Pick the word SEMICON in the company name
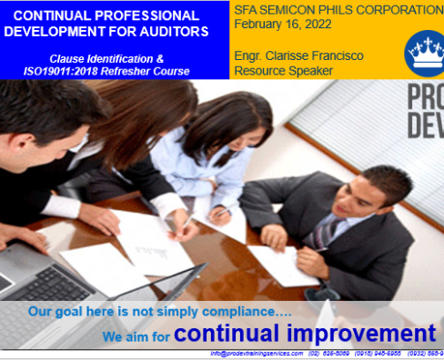point(294,10)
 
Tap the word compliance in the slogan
point(210,311)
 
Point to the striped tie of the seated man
point(323,233)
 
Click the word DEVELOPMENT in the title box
point(71,31)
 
